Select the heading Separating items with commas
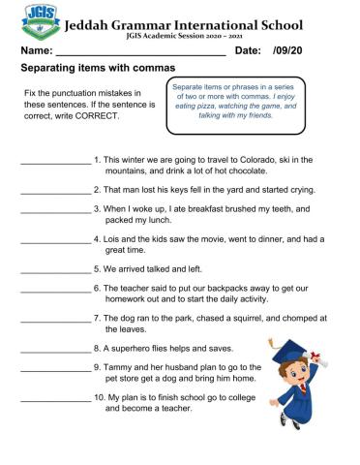pyautogui.click(x=98, y=69)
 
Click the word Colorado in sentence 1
pyautogui.click(x=250, y=159)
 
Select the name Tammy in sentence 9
pyautogui.click(x=121, y=367)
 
